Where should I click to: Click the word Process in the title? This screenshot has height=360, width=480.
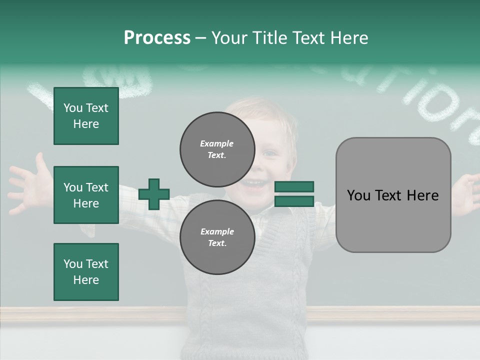[157, 38]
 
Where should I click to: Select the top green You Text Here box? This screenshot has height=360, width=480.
[86, 116]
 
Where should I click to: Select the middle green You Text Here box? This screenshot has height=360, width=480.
[86, 195]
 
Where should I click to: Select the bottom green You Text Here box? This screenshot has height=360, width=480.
[86, 272]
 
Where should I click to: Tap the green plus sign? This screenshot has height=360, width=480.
[154, 194]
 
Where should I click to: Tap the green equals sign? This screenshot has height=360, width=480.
[294, 194]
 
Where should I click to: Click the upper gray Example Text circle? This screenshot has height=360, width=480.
[217, 149]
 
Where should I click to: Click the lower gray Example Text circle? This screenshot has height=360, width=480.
[217, 237]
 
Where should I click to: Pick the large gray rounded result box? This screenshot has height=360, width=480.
[393, 195]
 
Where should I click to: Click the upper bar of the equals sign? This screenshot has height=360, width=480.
[294, 186]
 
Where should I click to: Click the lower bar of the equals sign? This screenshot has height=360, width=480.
[294, 201]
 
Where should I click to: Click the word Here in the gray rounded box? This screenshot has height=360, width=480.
[421, 195]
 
